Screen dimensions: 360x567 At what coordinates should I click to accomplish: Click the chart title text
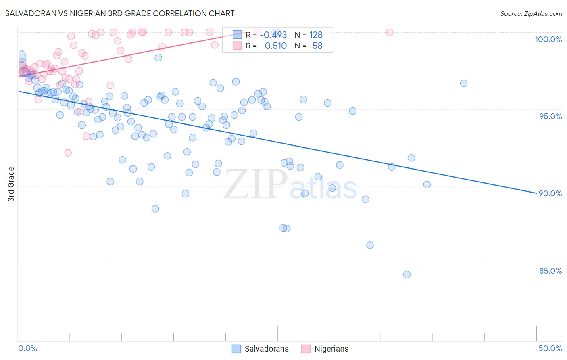pyautogui.click(x=120, y=13)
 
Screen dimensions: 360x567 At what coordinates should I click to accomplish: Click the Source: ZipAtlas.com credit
pyautogui.click(x=531, y=14)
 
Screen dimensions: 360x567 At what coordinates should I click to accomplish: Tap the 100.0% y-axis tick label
pyautogui.click(x=548, y=39)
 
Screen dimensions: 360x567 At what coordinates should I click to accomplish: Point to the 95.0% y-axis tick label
pyautogui.click(x=550, y=116)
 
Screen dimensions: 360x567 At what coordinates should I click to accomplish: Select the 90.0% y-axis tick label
pyautogui.click(x=550, y=193)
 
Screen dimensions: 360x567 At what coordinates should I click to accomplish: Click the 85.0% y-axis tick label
pyautogui.click(x=550, y=271)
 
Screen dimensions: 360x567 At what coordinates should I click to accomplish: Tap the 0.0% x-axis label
pyautogui.click(x=27, y=348)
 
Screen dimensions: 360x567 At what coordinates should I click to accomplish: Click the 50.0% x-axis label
pyautogui.click(x=550, y=348)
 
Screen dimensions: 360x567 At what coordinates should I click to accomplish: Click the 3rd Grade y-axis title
pyautogui.click(x=11, y=184)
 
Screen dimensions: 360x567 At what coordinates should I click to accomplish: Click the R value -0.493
pyautogui.click(x=273, y=35)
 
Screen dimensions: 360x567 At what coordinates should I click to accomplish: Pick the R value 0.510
pyautogui.click(x=276, y=46)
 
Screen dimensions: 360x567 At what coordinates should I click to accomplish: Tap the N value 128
pyautogui.click(x=316, y=35)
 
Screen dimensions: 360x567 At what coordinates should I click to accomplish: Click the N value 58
pyautogui.click(x=317, y=46)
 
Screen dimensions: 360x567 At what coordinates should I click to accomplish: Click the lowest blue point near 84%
pyautogui.click(x=406, y=274)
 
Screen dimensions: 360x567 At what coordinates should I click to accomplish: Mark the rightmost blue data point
pyautogui.click(x=464, y=83)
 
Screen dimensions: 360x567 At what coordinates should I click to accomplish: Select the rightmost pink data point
pyautogui.click(x=390, y=32)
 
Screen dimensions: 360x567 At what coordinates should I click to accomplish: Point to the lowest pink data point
pyautogui.click(x=68, y=153)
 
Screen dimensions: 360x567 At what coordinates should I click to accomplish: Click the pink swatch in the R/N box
pyautogui.click(x=237, y=46)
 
